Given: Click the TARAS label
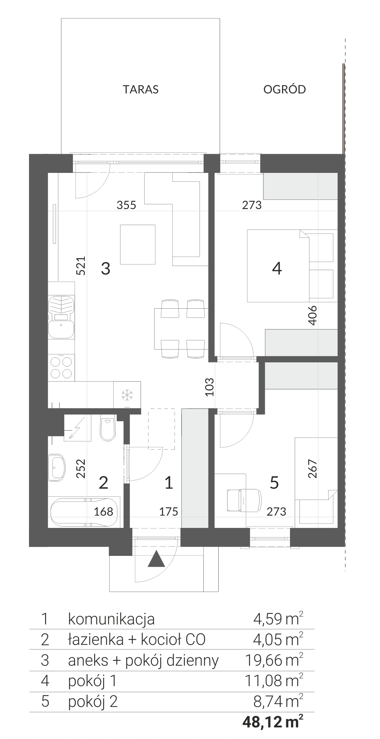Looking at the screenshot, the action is [141, 89].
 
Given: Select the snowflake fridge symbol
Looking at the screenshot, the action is [127, 395].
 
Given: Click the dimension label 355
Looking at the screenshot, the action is [126, 205].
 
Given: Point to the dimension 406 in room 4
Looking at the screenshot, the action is [313, 315].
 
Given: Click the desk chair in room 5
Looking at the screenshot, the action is [244, 500].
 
